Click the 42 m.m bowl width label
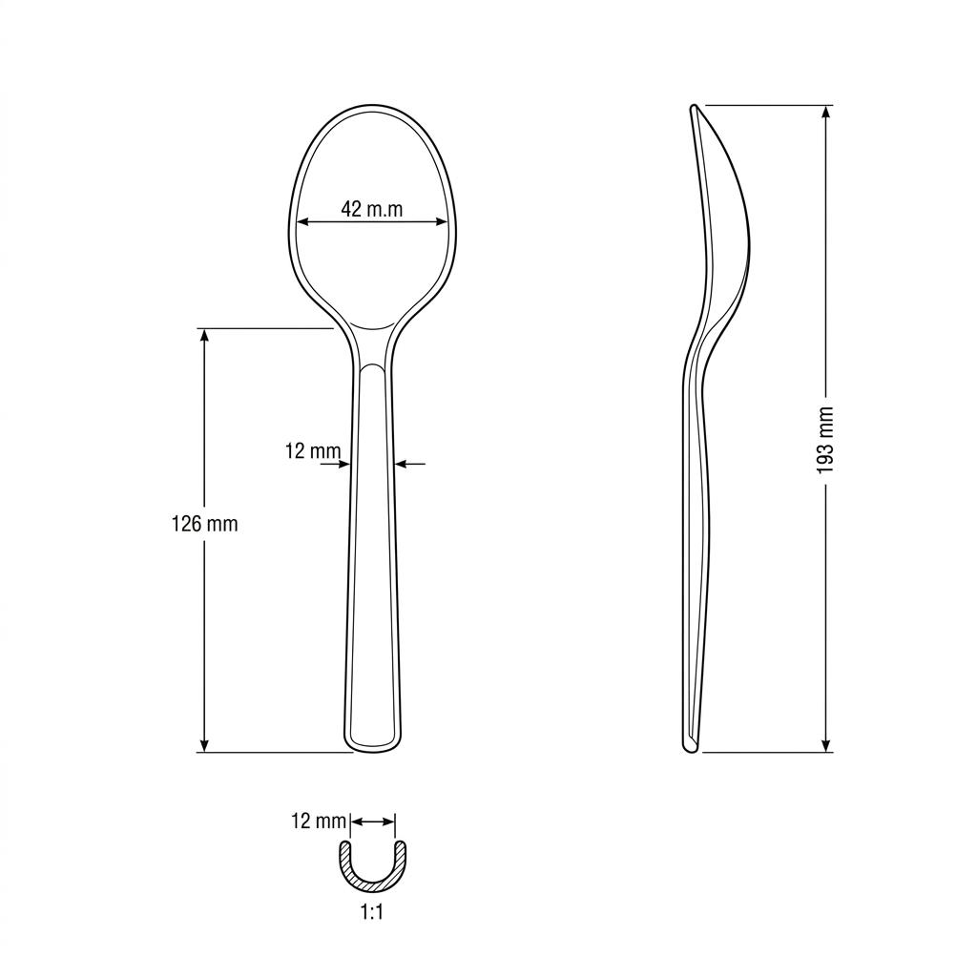[371, 209]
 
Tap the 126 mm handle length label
[204, 524]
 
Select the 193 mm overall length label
[825, 440]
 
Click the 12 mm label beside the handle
[313, 450]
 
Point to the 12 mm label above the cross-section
[319, 821]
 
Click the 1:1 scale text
[372, 913]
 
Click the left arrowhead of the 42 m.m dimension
[302, 221]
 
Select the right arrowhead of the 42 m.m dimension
[441, 221]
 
